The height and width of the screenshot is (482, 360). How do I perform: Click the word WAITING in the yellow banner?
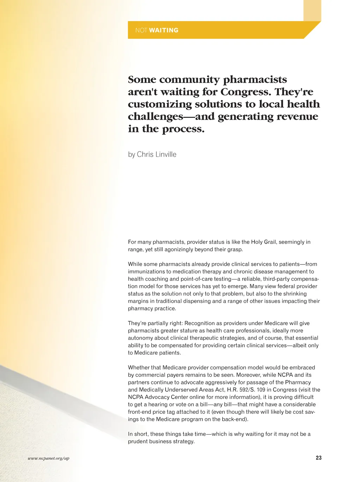coord(163,30)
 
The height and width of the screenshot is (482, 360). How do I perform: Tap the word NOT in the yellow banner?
coord(141,30)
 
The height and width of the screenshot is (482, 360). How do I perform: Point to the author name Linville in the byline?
coord(166,154)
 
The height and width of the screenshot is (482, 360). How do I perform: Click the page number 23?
coord(319,458)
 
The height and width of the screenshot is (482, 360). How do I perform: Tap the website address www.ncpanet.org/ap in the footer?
coord(49,458)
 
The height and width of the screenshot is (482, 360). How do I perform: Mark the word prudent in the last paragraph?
coord(137,442)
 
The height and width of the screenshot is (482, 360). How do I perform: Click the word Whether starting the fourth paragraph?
coord(139,368)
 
